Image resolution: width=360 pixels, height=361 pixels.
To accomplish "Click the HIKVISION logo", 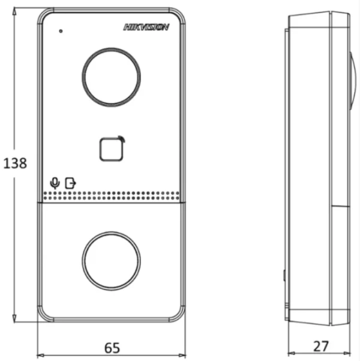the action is (146, 27).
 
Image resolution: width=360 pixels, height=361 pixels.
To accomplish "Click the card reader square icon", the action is (112, 149).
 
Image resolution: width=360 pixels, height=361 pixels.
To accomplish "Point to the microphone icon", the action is (55, 183).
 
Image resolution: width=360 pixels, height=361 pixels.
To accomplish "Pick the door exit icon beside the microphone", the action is (70, 183).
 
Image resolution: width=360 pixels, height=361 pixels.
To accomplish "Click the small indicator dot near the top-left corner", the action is (61, 31).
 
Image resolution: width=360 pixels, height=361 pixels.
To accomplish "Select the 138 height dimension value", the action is (15, 163).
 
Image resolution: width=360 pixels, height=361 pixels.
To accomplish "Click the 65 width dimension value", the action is (112, 348).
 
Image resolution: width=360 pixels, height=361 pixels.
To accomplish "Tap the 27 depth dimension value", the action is (321, 346).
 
